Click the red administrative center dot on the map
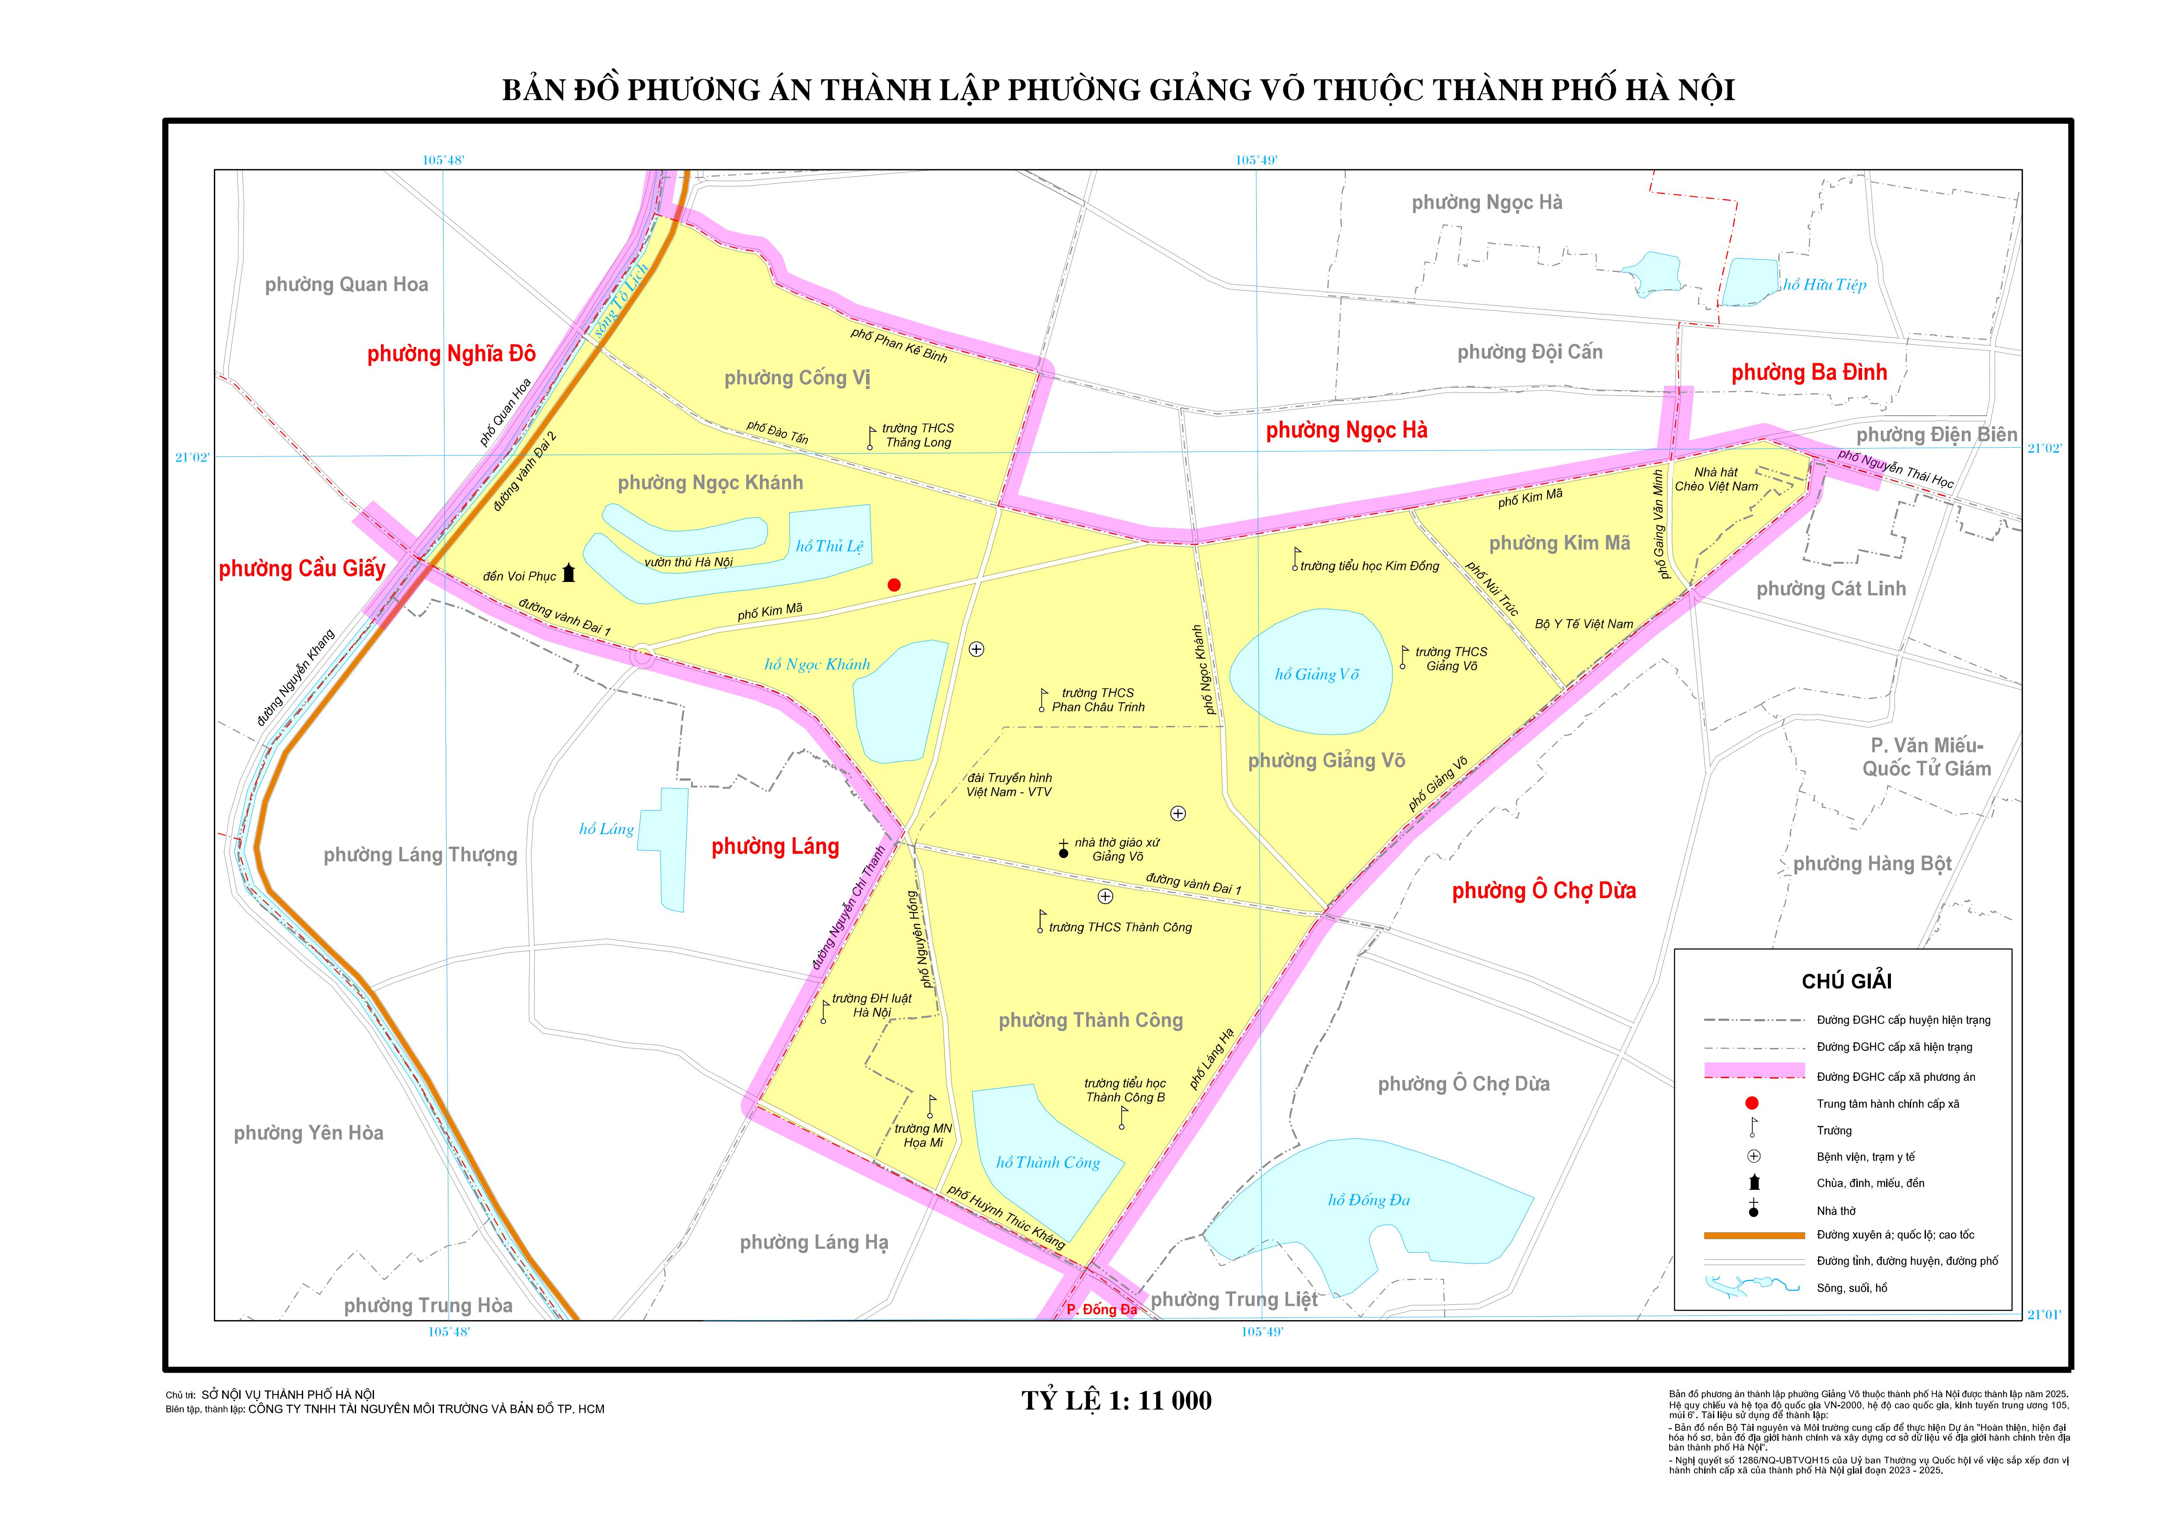point(894,585)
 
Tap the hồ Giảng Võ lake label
point(1317,674)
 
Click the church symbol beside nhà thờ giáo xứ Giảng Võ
point(1063,850)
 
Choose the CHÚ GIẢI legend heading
point(1846,981)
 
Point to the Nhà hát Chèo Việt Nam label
point(1716,479)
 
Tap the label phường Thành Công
point(1090,1020)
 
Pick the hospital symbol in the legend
point(1753,1156)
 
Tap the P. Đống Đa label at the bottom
point(1101,1309)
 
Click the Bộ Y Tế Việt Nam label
point(1584,624)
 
